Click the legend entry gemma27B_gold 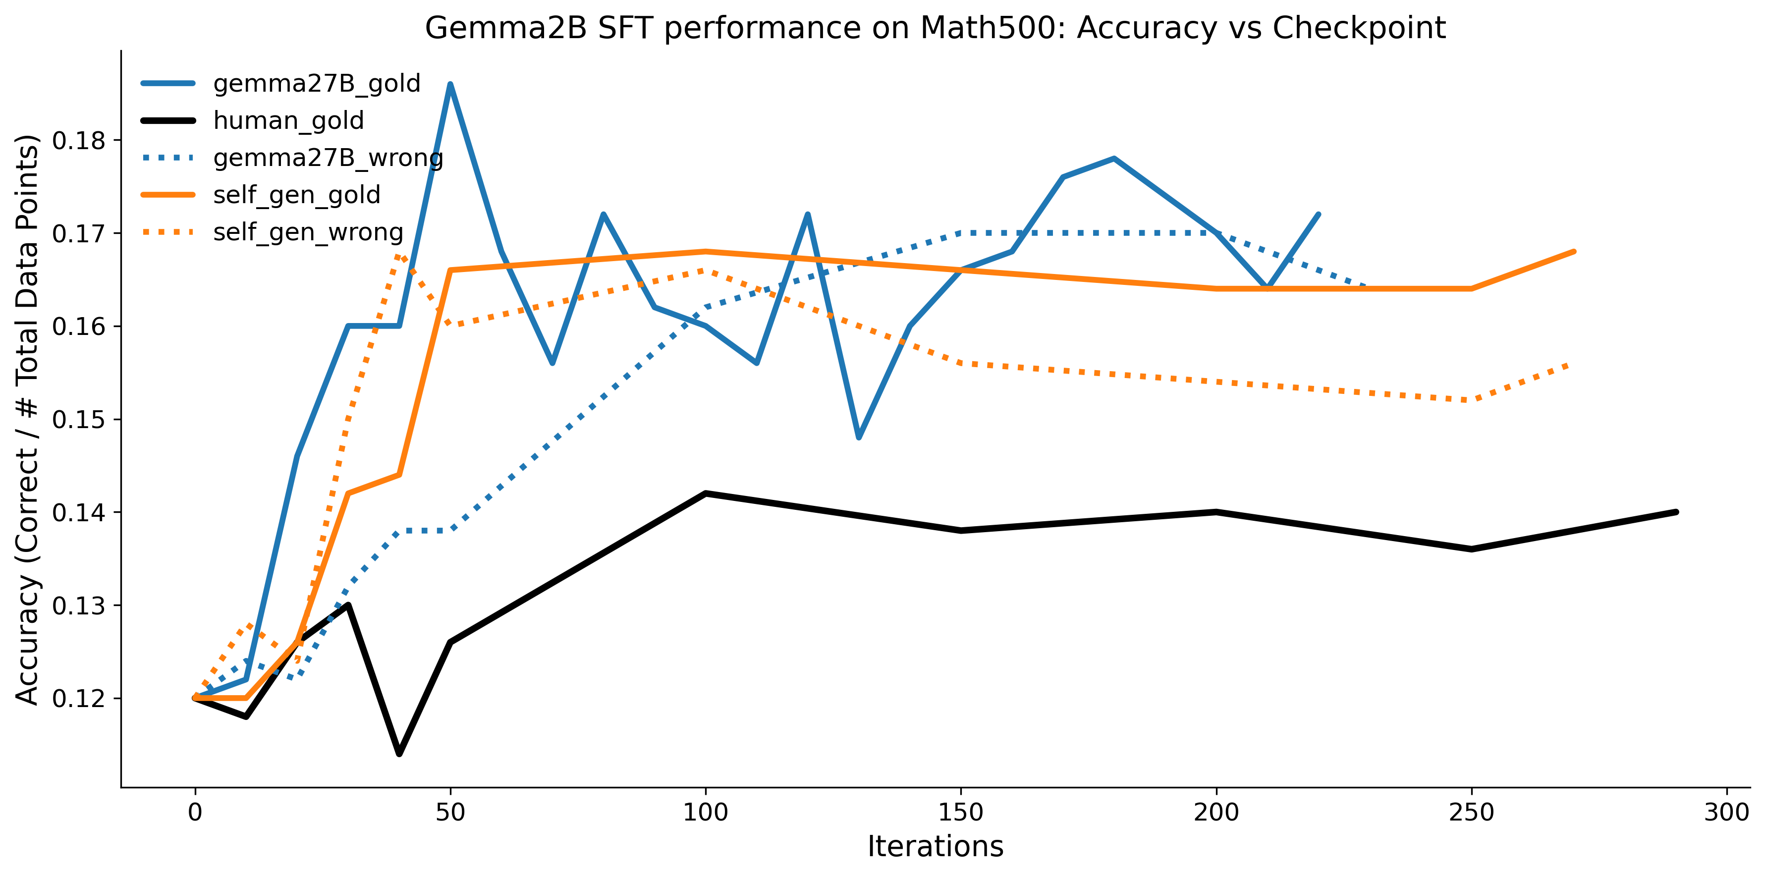tap(317, 84)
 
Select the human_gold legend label tap(288, 120)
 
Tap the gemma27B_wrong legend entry tap(328, 158)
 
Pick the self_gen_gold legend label tap(297, 195)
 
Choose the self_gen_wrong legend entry tap(308, 232)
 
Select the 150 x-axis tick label tap(961, 813)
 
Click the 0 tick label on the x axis tap(195, 813)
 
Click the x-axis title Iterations tap(935, 847)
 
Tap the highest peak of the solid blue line tap(450, 84)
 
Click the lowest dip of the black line tap(399, 754)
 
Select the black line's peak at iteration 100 tap(706, 493)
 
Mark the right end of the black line tap(1676, 512)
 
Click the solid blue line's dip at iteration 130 tap(859, 437)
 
